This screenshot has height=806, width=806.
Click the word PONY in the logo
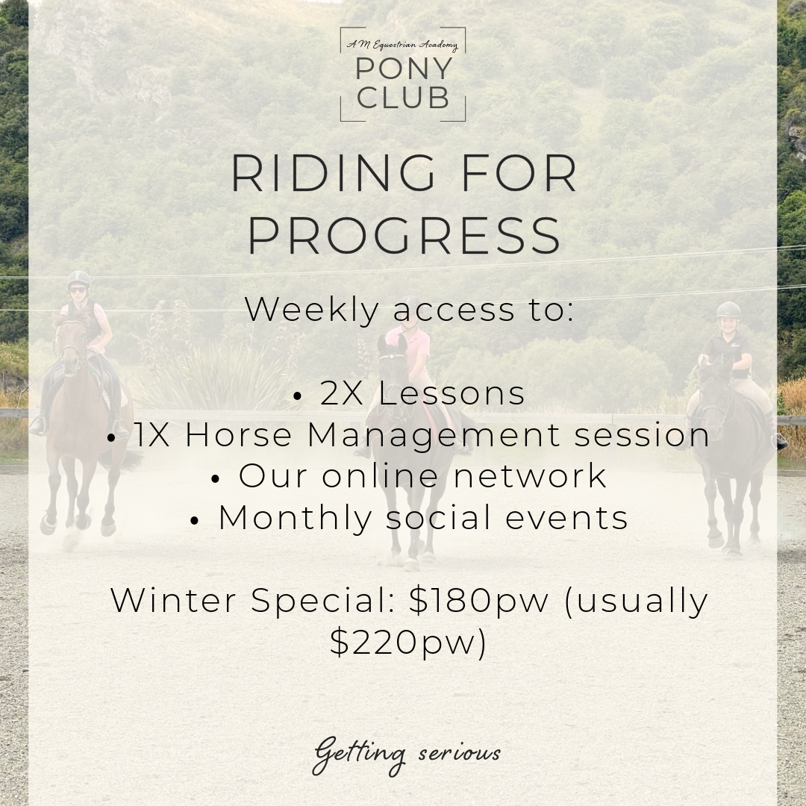pos(404,69)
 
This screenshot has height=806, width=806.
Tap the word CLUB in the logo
pos(404,98)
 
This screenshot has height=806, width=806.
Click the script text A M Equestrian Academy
pos(402,46)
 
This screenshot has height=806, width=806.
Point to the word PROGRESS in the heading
pos(404,235)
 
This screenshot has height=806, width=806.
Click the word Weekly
pos(312,310)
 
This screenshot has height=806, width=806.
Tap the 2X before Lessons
pos(342,393)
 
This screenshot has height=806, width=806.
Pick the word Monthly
pos(295,518)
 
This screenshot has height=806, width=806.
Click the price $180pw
pos(478,600)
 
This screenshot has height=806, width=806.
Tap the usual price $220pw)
pos(407,642)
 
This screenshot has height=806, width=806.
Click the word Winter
pos(178,600)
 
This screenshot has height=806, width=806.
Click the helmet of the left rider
pos(78,279)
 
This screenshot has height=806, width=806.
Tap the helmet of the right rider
pos(728,310)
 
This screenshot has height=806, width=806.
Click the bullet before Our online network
pos(216,479)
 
